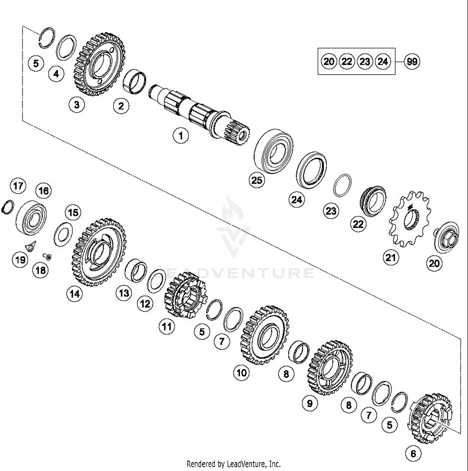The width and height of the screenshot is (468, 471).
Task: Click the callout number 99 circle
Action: pyautogui.click(x=412, y=61)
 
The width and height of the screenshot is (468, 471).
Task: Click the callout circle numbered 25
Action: pyautogui.click(x=257, y=180)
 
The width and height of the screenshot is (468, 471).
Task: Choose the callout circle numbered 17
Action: pyautogui.click(x=18, y=186)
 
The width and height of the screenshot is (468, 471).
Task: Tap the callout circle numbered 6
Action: pyautogui.click(x=413, y=453)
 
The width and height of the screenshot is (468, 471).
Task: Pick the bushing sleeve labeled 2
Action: pyautogui.click(x=134, y=82)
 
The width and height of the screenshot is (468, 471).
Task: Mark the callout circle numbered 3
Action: pyautogui.click(x=77, y=104)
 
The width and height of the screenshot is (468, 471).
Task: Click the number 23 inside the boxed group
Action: pyautogui.click(x=365, y=61)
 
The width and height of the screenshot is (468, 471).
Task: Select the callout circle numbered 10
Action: pyautogui.click(x=242, y=372)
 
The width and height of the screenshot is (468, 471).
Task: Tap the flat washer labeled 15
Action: pyautogui.click(x=63, y=234)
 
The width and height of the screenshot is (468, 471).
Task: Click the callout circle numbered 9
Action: pyautogui.click(x=310, y=403)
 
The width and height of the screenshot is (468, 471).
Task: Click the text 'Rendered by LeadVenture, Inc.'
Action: pyautogui.click(x=233, y=464)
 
